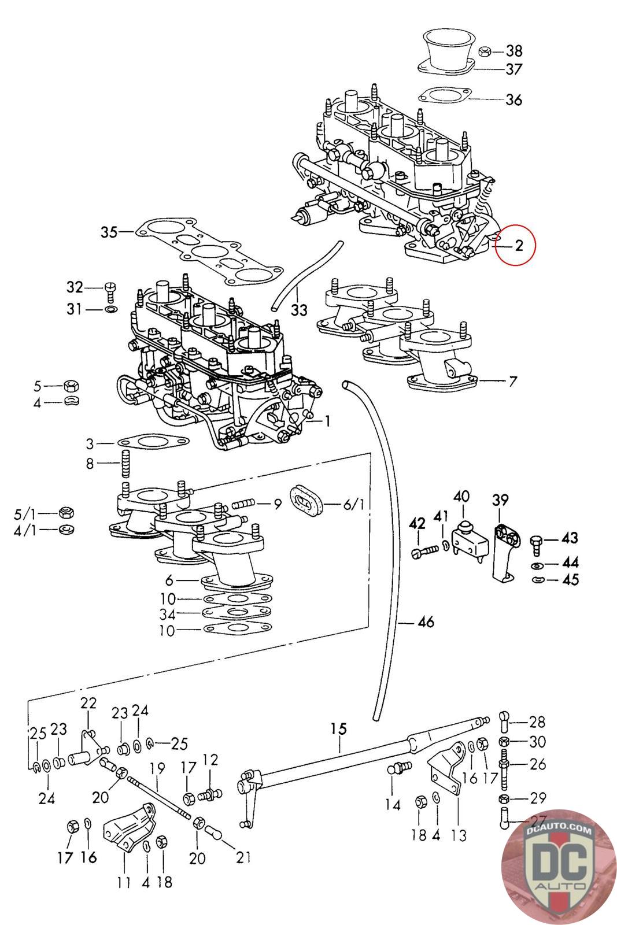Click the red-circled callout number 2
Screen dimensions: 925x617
coord(519,245)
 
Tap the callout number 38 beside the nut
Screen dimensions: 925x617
coord(513,50)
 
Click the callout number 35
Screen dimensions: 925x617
coord(109,232)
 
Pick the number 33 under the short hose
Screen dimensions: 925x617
coord(299,310)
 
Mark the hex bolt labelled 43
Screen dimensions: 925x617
coord(535,540)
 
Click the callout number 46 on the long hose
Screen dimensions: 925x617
coord(426,623)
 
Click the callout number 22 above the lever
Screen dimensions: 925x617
coord(88,703)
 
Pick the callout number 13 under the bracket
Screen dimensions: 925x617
coord(457,835)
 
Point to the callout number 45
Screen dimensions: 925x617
coord(570,579)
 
